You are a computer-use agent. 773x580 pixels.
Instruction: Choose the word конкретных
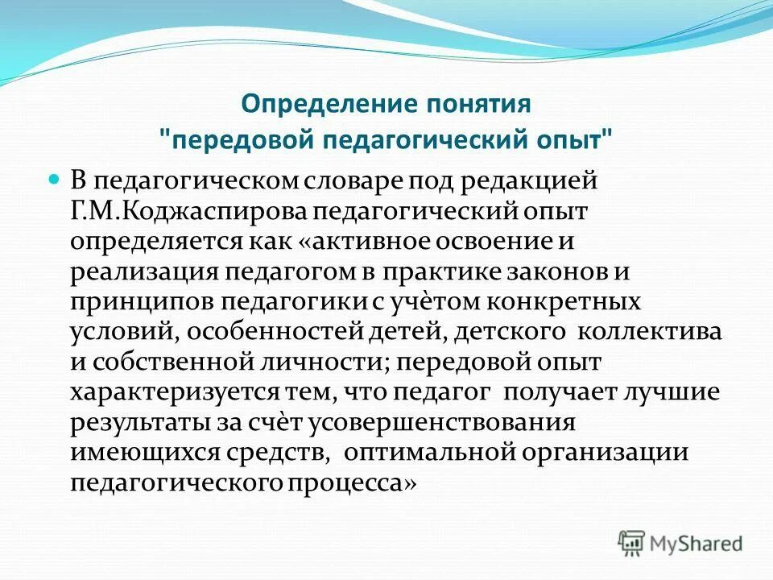click(x=573, y=304)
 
